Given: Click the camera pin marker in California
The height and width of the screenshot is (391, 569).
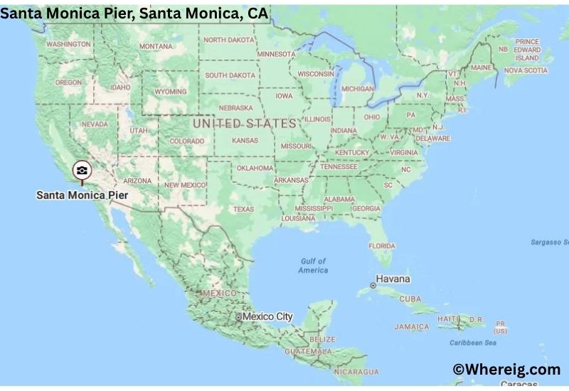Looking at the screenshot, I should click(82, 171).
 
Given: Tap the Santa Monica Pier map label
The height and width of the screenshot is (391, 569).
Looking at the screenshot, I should click(83, 194).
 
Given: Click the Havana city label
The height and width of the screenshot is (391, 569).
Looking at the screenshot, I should click(393, 279).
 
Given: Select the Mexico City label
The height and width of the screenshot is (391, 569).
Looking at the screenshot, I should click(267, 316).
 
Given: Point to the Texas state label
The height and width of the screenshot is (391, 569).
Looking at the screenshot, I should click(243, 209).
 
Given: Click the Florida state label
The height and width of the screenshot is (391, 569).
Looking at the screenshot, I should click(381, 245).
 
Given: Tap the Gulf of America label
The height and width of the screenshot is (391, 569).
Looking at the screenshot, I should click(313, 266).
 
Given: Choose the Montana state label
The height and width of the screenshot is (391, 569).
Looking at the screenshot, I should click(156, 46).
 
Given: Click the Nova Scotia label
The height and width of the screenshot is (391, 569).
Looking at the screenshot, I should click(526, 70).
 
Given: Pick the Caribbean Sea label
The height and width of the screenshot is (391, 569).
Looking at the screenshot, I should click(473, 342).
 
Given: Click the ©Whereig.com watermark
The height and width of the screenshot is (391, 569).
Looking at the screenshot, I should click(506, 369).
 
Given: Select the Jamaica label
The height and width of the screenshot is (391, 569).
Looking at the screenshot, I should click(412, 327).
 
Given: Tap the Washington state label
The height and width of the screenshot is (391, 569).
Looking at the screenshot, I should click(68, 43).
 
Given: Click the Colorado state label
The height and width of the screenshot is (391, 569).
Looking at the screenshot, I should click(186, 141).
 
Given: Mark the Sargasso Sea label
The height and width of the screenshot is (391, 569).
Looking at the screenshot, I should click(550, 242).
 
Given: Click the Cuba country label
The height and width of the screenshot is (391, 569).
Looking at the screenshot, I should click(410, 299).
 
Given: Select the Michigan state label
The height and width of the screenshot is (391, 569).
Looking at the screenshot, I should click(357, 89).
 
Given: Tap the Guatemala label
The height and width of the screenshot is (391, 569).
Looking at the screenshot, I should click(308, 352).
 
